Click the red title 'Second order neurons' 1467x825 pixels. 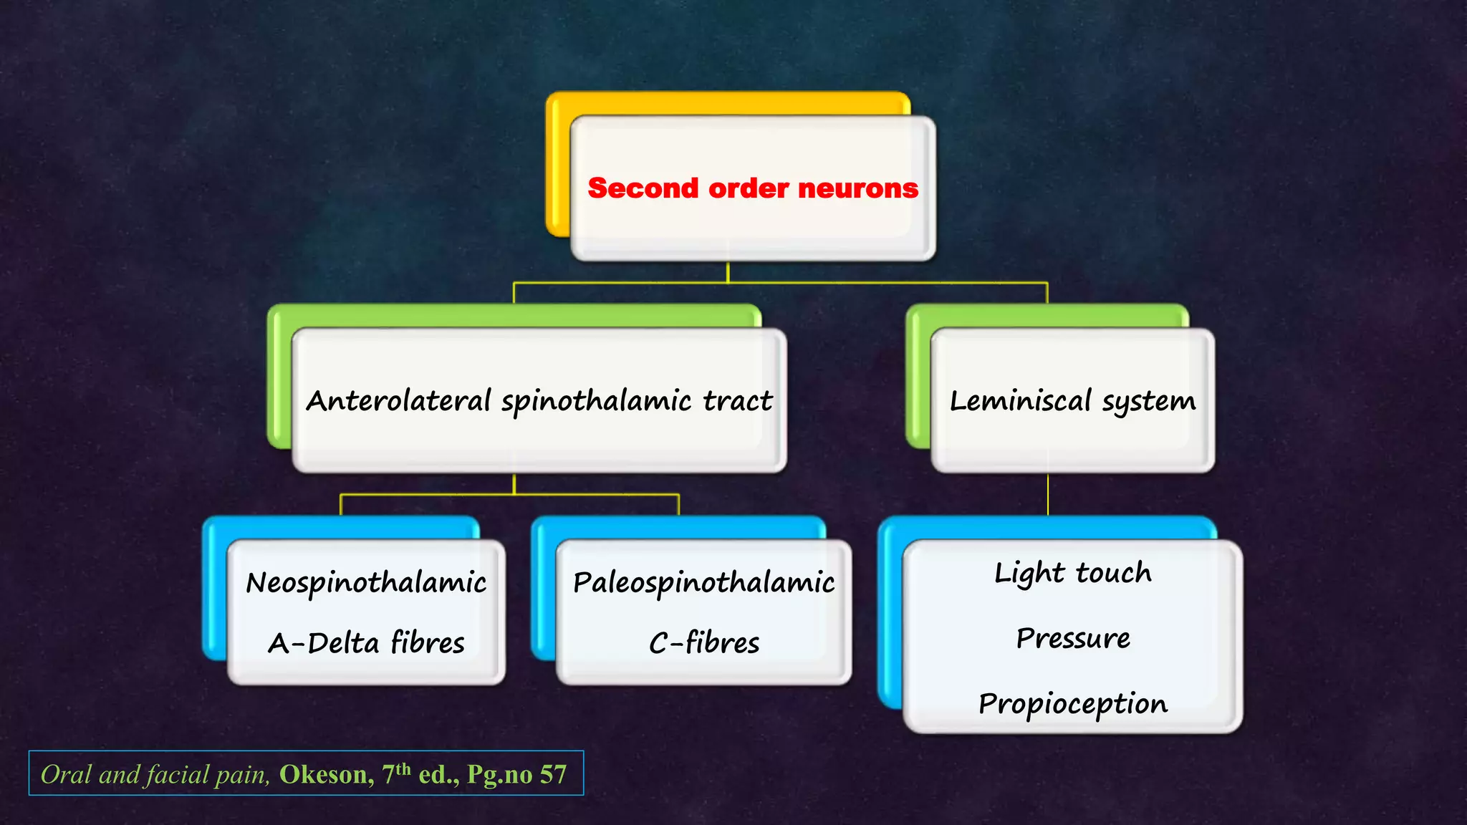tap(752, 188)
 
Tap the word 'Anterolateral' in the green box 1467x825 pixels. tap(398, 401)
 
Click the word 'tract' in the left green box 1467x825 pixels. tap(737, 401)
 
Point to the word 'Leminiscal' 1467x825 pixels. tap(1020, 401)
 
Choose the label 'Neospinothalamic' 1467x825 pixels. tap(366, 583)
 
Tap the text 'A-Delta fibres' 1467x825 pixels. tap(366, 643)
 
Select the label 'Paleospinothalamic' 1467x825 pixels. tap(703, 583)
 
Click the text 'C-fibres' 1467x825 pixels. tap(703, 643)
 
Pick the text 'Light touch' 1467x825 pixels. tap(1072, 574)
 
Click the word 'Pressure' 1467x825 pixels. tap(1072, 638)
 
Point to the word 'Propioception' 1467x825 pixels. tap(1072, 704)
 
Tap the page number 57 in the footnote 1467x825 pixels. tap(553, 774)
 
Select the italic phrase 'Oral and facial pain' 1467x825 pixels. tap(155, 774)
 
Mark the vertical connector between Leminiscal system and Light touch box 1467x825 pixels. tap(1048, 494)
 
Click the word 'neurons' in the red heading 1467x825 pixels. tap(857, 188)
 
